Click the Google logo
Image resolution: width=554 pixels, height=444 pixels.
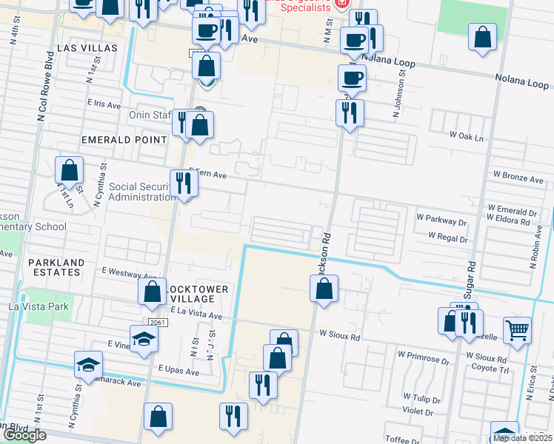tap(24, 435)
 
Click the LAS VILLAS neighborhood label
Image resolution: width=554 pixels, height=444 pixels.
tap(87, 47)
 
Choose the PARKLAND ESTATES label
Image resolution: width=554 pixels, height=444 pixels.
tap(56, 267)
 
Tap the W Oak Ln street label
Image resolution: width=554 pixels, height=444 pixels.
tap(466, 138)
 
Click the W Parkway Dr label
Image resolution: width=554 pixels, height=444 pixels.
tap(441, 219)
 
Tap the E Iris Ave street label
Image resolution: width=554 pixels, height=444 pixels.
tap(104, 105)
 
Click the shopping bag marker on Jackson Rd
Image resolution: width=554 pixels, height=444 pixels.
tap(324, 288)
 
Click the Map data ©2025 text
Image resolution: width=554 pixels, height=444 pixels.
tap(521, 438)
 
